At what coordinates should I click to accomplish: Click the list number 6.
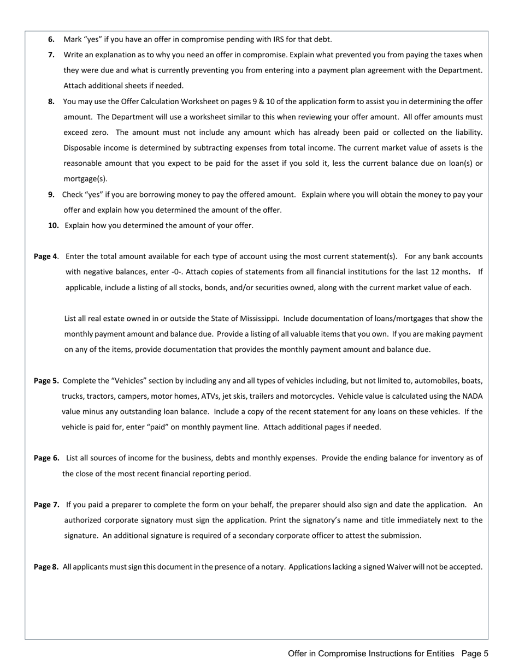tap(51, 39)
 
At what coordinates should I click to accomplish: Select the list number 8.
tap(51, 101)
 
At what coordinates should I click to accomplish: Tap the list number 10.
tap(54, 225)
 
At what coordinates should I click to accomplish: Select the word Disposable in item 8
tap(82, 148)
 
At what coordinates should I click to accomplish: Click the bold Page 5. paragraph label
tap(46, 381)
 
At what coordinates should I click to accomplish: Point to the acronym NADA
tap(472, 397)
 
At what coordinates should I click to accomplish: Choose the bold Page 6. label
tap(46, 458)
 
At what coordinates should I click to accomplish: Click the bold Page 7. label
tap(46, 505)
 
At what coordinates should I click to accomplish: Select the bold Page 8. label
tap(46, 567)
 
